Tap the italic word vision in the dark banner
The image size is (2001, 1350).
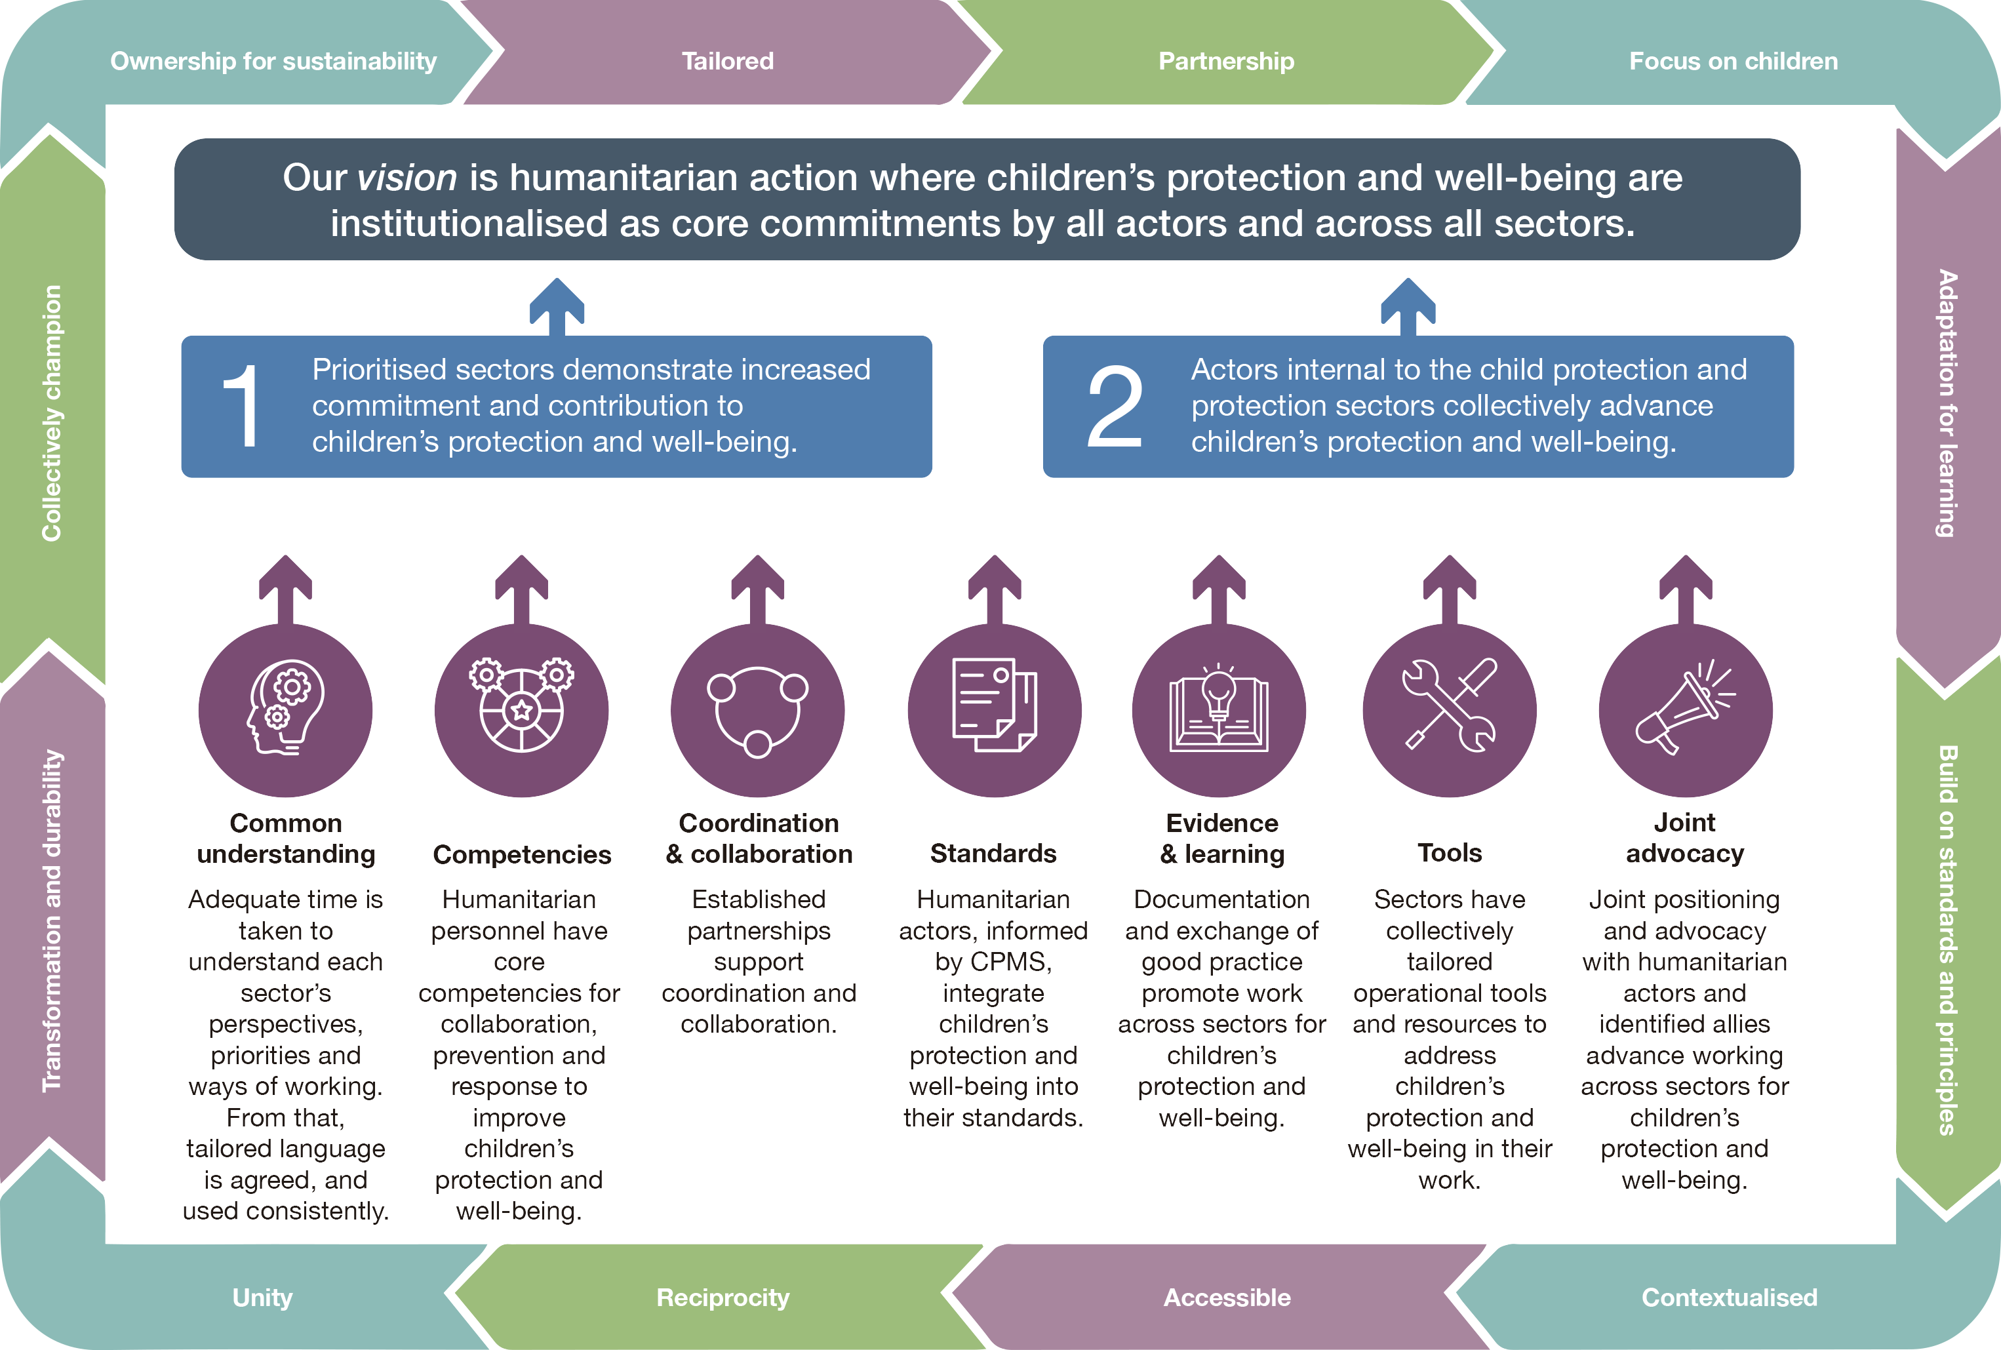coord(406,178)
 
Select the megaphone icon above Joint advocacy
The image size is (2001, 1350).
coord(1685,707)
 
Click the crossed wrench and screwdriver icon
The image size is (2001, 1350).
coord(1450,704)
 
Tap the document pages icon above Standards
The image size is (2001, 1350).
coord(995,704)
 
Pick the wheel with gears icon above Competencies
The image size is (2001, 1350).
coord(522,705)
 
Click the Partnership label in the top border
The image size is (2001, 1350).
coord(1226,61)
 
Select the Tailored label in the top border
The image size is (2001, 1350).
coord(728,61)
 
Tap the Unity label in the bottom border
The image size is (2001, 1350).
coord(263,1298)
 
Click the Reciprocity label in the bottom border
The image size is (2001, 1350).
coord(723,1298)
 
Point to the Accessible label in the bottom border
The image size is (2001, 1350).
coord(1227,1298)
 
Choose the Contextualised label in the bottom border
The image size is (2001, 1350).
coord(1729,1298)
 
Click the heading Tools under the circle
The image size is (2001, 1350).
coord(1450,852)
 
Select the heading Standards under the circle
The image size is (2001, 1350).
coord(993,852)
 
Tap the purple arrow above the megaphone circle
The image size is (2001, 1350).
coord(1686,589)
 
